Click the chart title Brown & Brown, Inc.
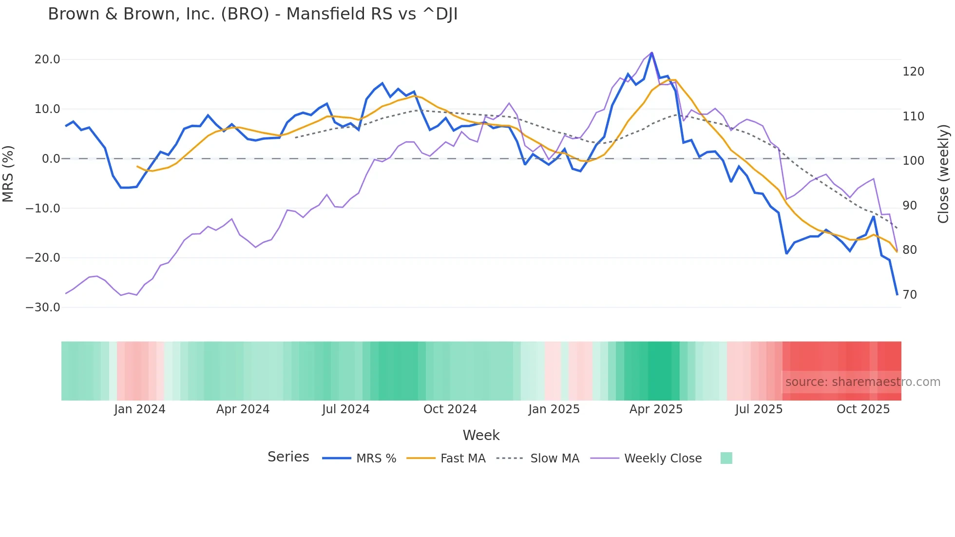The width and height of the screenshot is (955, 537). coord(252,14)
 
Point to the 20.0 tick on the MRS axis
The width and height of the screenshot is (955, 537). coord(47,59)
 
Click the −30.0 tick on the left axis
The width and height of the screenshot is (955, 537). coord(43,307)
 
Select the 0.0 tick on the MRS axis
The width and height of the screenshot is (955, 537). coord(51,159)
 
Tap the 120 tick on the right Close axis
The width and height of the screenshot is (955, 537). coord(913,72)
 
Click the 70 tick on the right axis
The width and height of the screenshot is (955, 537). coord(910,295)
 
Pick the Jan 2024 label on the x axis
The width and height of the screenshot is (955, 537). coord(140,409)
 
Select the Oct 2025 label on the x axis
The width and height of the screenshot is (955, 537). coord(863,409)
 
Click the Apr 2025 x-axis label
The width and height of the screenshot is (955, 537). coord(656,409)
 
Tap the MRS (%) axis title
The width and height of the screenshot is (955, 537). coord(8,173)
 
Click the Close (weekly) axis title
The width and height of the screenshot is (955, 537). coord(944,174)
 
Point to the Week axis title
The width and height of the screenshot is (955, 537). coord(481,435)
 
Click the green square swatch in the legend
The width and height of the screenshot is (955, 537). coord(726,458)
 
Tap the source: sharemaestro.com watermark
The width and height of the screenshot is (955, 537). coord(862,382)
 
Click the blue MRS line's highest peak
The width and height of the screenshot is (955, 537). coord(652,53)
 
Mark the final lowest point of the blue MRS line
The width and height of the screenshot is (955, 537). coord(897,294)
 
